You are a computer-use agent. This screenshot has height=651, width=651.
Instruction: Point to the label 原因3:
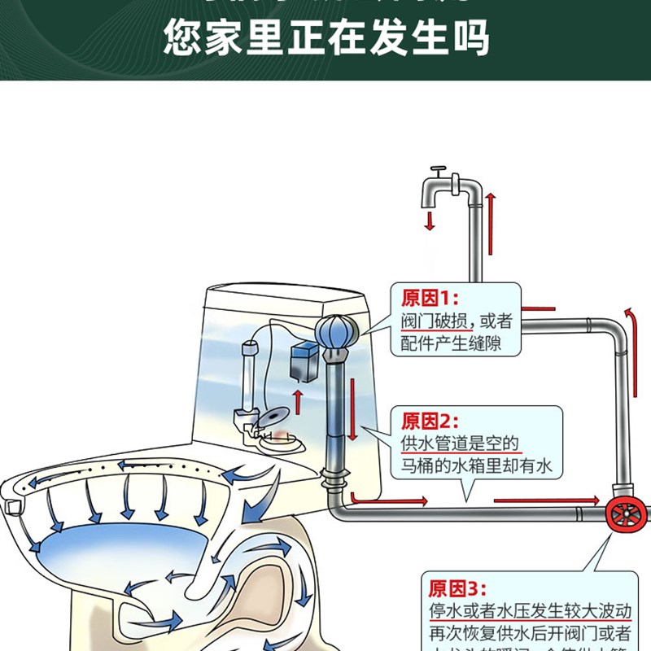point(456,588)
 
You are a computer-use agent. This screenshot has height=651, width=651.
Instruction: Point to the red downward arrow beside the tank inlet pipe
point(352,400)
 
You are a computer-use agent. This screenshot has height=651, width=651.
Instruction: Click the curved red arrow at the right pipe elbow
point(628,318)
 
